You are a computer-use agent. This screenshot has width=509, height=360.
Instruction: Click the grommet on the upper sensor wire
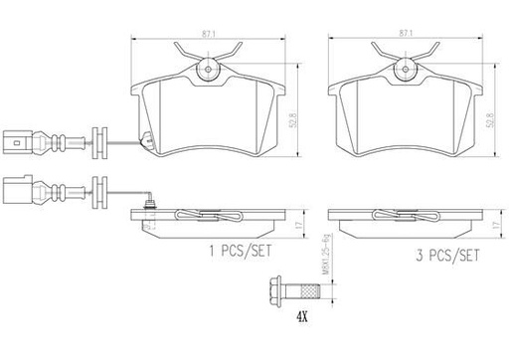[97, 140]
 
